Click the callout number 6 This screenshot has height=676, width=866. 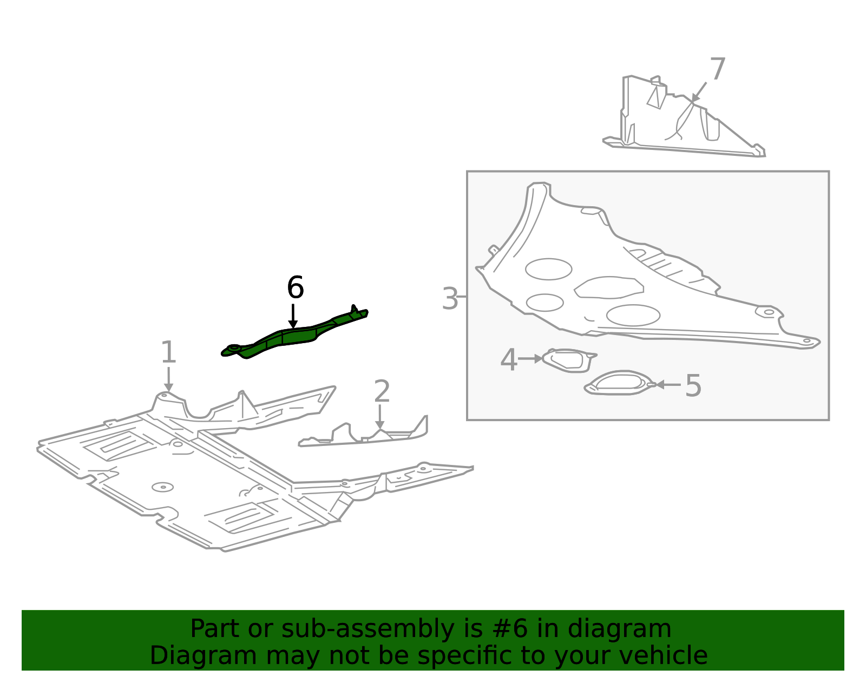coord(296,287)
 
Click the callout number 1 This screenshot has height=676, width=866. coord(168,352)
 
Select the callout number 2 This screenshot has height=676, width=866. coord(382,391)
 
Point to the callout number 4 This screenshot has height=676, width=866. coord(509,360)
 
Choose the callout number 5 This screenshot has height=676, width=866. coord(693,385)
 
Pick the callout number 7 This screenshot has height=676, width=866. coord(718,69)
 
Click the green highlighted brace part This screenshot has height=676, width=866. coord(295,335)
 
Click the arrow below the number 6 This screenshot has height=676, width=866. coord(293,316)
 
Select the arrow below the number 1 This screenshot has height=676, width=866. coord(168,379)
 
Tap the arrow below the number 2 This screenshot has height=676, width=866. coord(380,417)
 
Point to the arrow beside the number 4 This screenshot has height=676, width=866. coord(530,358)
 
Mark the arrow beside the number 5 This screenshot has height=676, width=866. coord(668,384)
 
